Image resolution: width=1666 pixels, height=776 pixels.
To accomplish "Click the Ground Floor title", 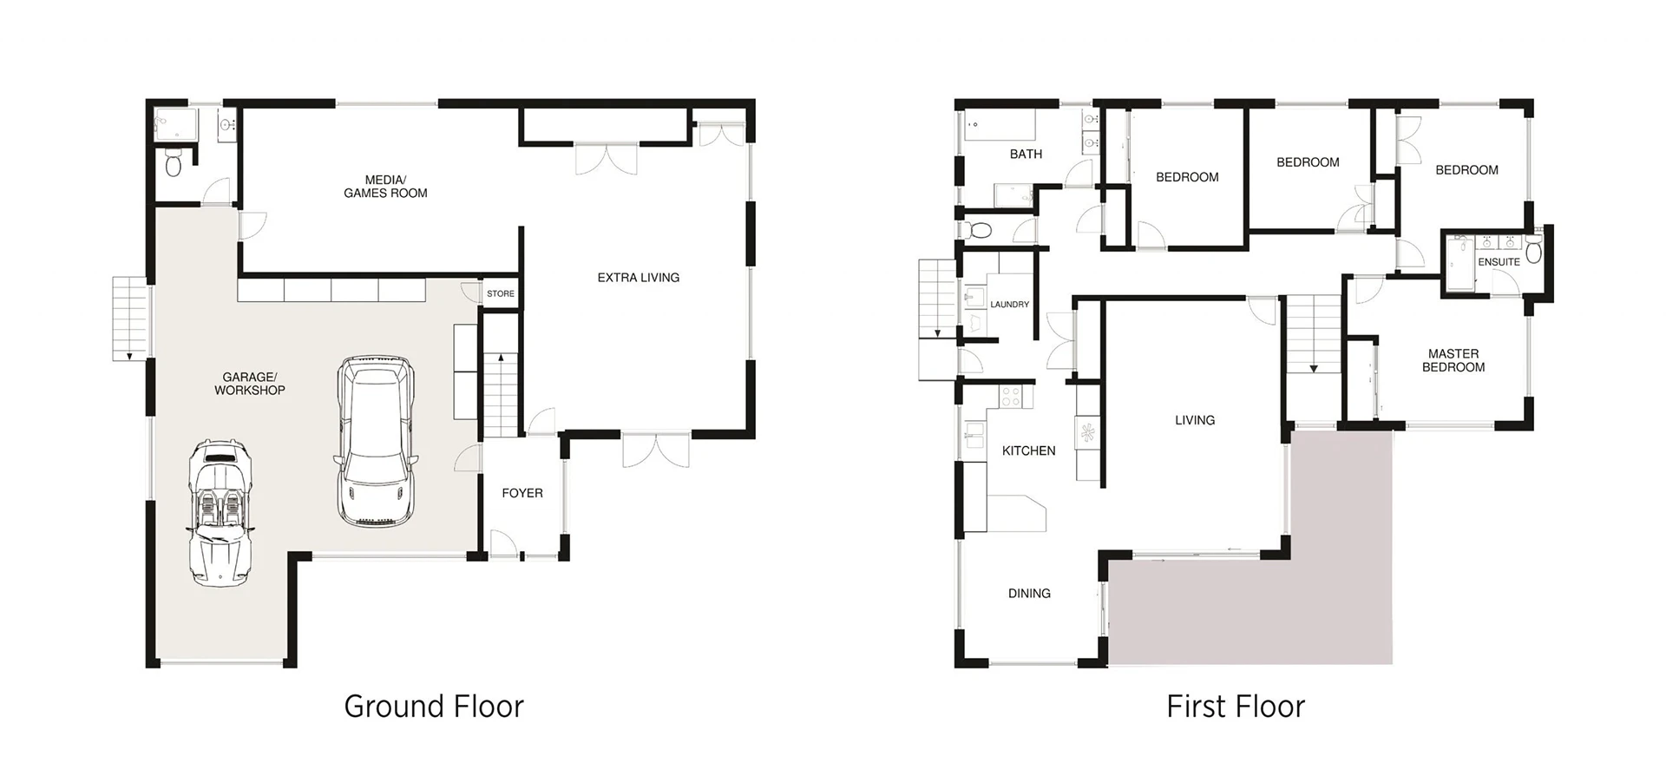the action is point(434,707).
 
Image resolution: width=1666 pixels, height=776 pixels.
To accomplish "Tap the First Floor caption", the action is point(1236,707).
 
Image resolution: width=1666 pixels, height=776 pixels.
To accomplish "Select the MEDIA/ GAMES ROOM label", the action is point(385,187).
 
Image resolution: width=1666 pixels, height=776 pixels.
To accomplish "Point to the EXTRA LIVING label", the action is point(639,278).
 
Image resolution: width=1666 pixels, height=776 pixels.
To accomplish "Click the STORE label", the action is point(501,293).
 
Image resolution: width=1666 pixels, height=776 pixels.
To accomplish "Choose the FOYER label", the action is point(522,493).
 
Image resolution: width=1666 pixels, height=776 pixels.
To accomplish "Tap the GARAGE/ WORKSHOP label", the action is point(250,384).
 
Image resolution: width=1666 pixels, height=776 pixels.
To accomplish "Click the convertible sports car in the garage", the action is point(220,513).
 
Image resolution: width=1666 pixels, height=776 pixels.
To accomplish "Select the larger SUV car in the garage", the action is point(375,442).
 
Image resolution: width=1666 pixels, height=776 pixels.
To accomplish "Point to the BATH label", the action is point(1026,155).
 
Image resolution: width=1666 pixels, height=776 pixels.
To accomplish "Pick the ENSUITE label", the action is point(1499,262).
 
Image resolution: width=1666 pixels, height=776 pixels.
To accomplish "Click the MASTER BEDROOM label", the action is point(1453,360).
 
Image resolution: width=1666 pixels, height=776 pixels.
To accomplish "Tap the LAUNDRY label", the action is point(1010,305).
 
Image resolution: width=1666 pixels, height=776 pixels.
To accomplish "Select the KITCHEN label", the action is point(1029,450).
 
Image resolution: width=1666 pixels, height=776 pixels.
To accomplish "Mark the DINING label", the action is point(1029,594).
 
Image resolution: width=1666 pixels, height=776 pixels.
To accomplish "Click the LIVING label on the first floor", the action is point(1195,420).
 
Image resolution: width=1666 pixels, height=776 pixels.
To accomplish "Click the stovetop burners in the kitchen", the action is point(1012,397).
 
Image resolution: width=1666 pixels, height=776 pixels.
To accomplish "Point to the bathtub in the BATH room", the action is point(1000,127).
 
